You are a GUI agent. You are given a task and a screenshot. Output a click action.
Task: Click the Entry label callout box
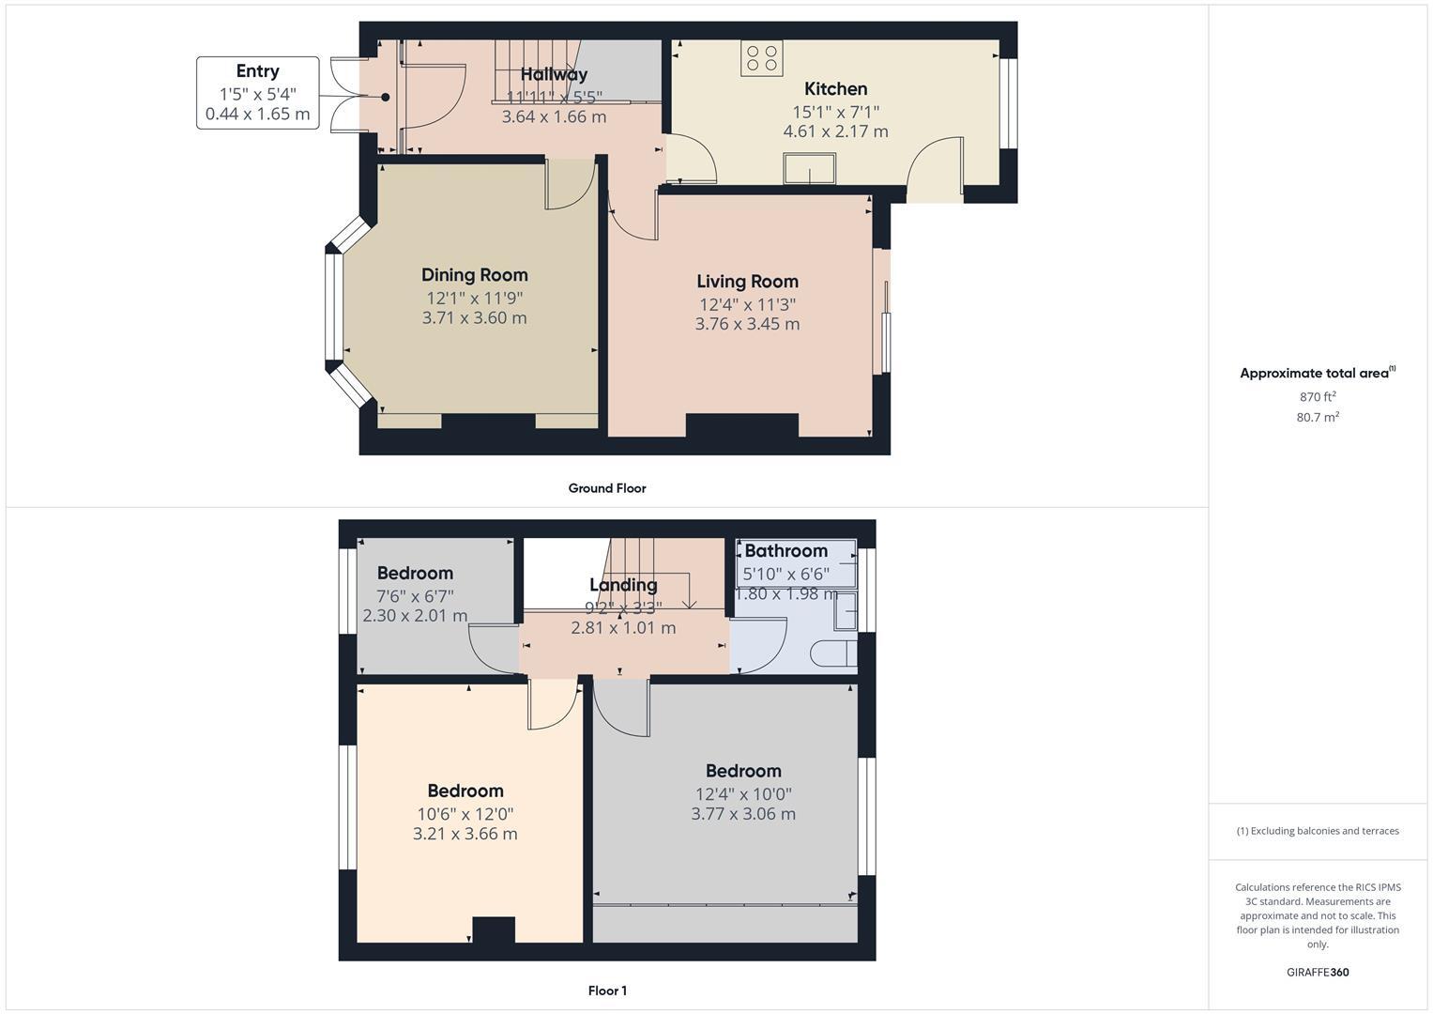point(257,93)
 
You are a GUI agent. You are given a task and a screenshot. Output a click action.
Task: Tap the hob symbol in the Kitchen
point(761,58)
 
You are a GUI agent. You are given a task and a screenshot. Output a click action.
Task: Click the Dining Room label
point(474,275)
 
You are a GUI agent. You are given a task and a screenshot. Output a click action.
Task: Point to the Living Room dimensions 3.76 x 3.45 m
point(747,324)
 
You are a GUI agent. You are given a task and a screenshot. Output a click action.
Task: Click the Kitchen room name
point(835,89)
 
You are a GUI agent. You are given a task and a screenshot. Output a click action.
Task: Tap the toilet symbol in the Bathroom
point(834,653)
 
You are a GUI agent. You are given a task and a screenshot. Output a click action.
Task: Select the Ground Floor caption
point(606,488)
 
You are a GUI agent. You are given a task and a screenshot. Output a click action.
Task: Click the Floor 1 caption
point(607,991)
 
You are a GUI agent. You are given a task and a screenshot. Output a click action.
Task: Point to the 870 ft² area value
point(1317,397)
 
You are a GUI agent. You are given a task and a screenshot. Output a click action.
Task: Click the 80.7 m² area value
point(1317,418)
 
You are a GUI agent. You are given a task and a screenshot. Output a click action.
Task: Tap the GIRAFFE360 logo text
point(1317,972)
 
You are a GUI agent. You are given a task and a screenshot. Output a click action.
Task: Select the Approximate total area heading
point(1317,374)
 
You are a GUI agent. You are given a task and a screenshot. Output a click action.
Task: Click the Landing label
point(622,585)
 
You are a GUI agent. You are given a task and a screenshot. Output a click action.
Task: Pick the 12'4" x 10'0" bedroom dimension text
point(742,793)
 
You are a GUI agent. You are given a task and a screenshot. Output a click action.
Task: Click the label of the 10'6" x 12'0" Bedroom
point(465,791)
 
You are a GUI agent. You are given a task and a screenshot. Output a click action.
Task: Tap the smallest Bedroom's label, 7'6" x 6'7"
point(415,574)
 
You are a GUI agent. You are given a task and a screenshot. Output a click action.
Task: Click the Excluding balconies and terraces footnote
point(1317,831)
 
